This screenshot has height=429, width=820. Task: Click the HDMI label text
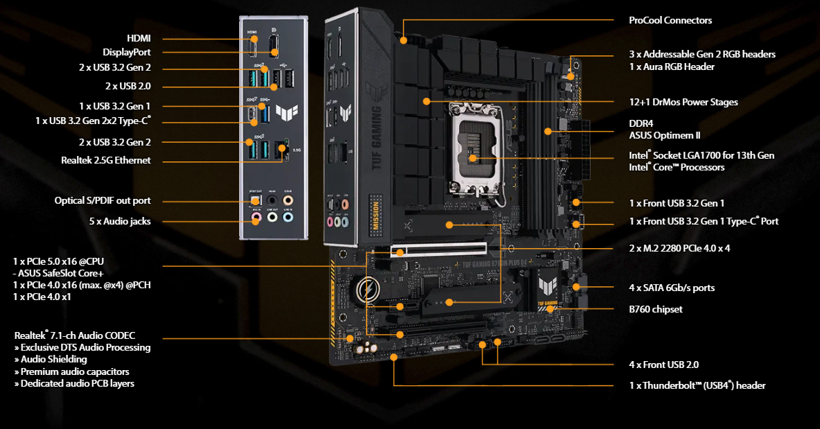[139, 39]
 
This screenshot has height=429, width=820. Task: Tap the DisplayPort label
[127, 52]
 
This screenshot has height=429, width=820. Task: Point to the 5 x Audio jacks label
[120, 222]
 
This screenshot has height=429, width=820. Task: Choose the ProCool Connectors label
[670, 21]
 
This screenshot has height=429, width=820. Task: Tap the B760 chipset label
[656, 309]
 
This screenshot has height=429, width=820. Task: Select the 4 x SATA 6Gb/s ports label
[672, 288]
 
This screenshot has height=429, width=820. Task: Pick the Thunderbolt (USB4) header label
[697, 385]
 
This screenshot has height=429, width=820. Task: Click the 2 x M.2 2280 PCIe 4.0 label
[679, 247]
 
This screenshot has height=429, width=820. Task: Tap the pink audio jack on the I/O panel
[256, 217]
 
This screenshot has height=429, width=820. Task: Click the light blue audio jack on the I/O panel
[288, 217]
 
